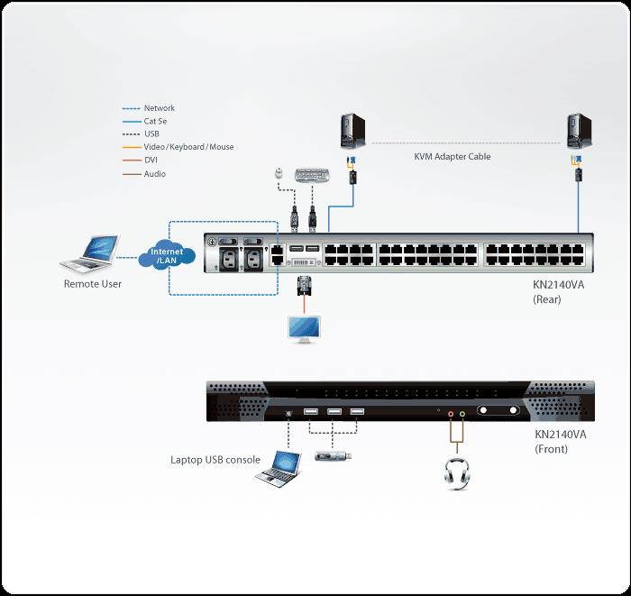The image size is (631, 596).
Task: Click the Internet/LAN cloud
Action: click(x=167, y=256)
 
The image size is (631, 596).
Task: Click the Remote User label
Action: click(x=92, y=284)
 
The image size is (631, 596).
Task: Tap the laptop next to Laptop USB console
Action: click(x=276, y=468)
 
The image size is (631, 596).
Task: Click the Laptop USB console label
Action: click(x=215, y=460)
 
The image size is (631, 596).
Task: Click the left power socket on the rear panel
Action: click(x=225, y=258)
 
